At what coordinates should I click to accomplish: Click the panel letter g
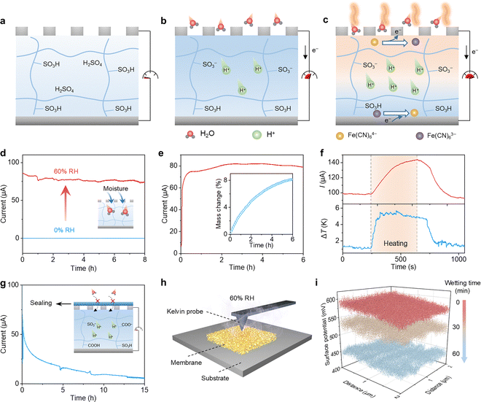point(5,280)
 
